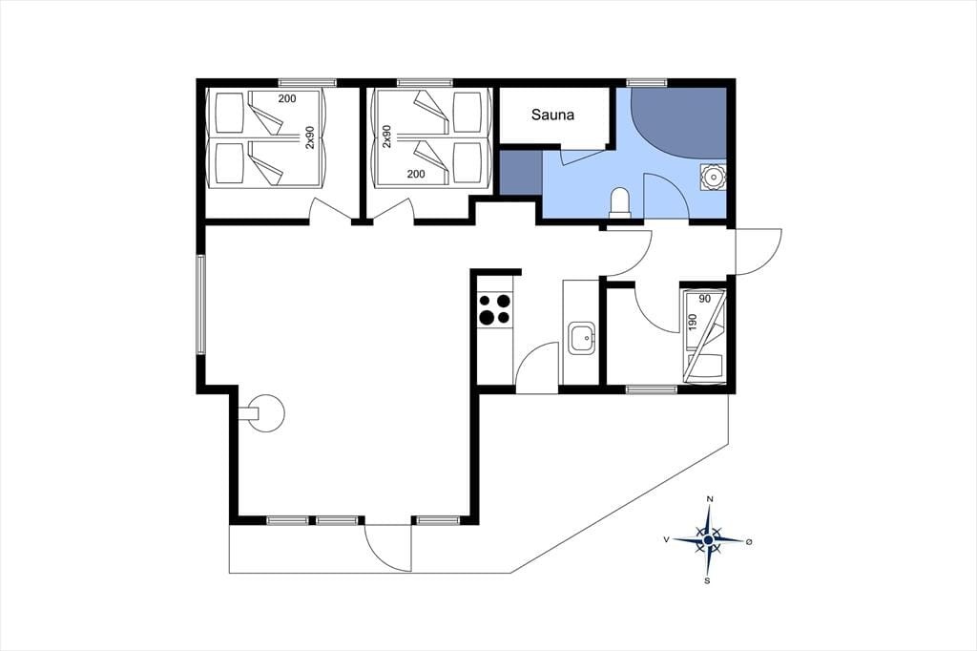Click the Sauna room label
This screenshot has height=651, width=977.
(552, 115)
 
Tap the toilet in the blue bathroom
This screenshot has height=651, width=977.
(620, 202)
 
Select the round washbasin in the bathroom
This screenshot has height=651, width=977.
(712, 177)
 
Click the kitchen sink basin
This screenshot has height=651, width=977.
(581, 339)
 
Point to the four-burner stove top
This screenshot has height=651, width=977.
(495, 309)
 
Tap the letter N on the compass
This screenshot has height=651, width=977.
(709, 499)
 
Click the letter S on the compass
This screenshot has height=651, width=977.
(707, 581)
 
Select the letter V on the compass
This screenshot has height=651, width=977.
(667, 539)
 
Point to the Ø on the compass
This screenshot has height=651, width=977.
(749, 542)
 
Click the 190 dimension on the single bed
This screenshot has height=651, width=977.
(693, 322)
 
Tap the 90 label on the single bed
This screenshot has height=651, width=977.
(705, 299)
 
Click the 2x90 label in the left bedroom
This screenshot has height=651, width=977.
(310, 137)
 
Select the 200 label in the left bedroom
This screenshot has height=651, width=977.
(287, 98)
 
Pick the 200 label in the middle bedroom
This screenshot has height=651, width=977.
(416, 174)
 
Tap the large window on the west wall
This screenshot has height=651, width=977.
(200, 304)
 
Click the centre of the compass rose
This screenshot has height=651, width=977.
(709, 540)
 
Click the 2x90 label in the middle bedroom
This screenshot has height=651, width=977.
(387, 136)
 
